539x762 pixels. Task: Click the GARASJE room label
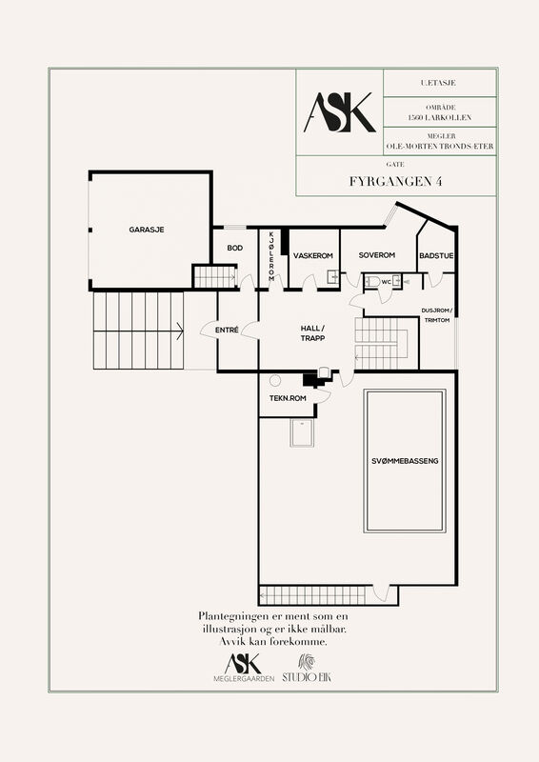click(x=147, y=230)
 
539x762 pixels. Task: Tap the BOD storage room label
click(x=235, y=249)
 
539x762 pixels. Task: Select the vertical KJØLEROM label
click(x=271, y=256)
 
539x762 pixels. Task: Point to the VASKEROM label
click(x=313, y=255)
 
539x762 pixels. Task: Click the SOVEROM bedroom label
click(x=377, y=255)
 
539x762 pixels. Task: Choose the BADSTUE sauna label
click(x=436, y=256)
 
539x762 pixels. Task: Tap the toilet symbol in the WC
click(x=372, y=281)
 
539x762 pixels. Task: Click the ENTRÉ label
click(x=227, y=331)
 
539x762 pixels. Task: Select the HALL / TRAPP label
click(x=312, y=333)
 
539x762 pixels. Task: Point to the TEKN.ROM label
click(x=288, y=398)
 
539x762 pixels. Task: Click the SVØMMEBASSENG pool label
click(x=405, y=461)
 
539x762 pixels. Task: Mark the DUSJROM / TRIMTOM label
click(x=437, y=315)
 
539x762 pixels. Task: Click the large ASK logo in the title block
click(x=340, y=112)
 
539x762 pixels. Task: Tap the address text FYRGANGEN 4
click(x=395, y=181)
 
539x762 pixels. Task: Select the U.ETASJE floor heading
click(x=438, y=83)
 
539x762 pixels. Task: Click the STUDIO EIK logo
click(x=307, y=669)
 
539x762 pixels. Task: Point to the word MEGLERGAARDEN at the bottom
click(x=244, y=679)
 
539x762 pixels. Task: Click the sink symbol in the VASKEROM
click(x=333, y=277)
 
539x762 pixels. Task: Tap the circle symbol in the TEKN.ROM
click(x=275, y=380)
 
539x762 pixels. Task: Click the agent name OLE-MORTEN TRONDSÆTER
click(x=440, y=147)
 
